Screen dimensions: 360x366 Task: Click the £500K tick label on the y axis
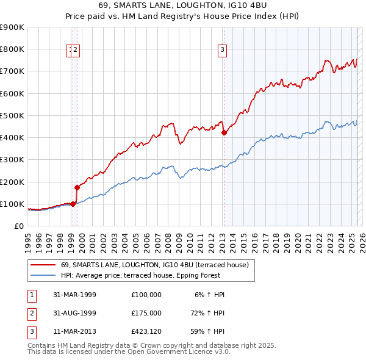(12, 115)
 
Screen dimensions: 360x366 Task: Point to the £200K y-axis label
(12, 182)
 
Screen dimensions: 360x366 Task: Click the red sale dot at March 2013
(224, 132)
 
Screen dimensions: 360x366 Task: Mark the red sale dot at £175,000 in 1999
(77, 187)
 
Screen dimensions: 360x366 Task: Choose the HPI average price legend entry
(157, 276)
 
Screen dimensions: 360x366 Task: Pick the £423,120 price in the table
(146, 333)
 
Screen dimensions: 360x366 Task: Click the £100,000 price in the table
(146, 295)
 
